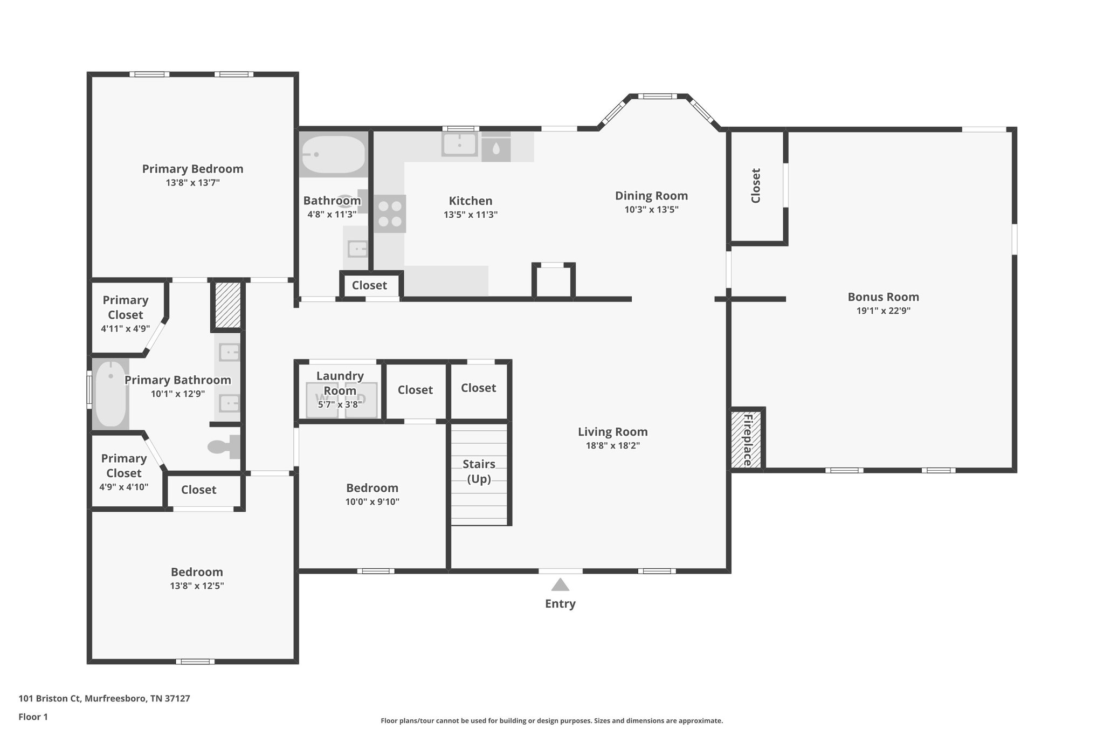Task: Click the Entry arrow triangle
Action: point(560,585)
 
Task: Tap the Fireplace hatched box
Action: point(746,439)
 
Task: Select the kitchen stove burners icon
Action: point(390,214)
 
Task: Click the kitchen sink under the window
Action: point(459,144)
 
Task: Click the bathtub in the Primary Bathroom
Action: point(111,394)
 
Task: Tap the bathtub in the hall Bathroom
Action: point(333,155)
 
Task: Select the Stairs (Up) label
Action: point(479,471)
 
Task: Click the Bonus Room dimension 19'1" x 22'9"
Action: point(883,311)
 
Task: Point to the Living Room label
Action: point(612,431)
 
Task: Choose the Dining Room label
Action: point(651,196)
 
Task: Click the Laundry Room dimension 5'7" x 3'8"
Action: point(340,404)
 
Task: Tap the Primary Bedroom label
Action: point(192,169)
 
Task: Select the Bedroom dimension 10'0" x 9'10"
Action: point(372,502)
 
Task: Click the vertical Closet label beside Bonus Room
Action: point(756,186)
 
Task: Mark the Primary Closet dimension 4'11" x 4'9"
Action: point(125,328)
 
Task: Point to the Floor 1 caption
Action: point(33,717)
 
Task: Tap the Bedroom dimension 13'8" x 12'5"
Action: point(197,586)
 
